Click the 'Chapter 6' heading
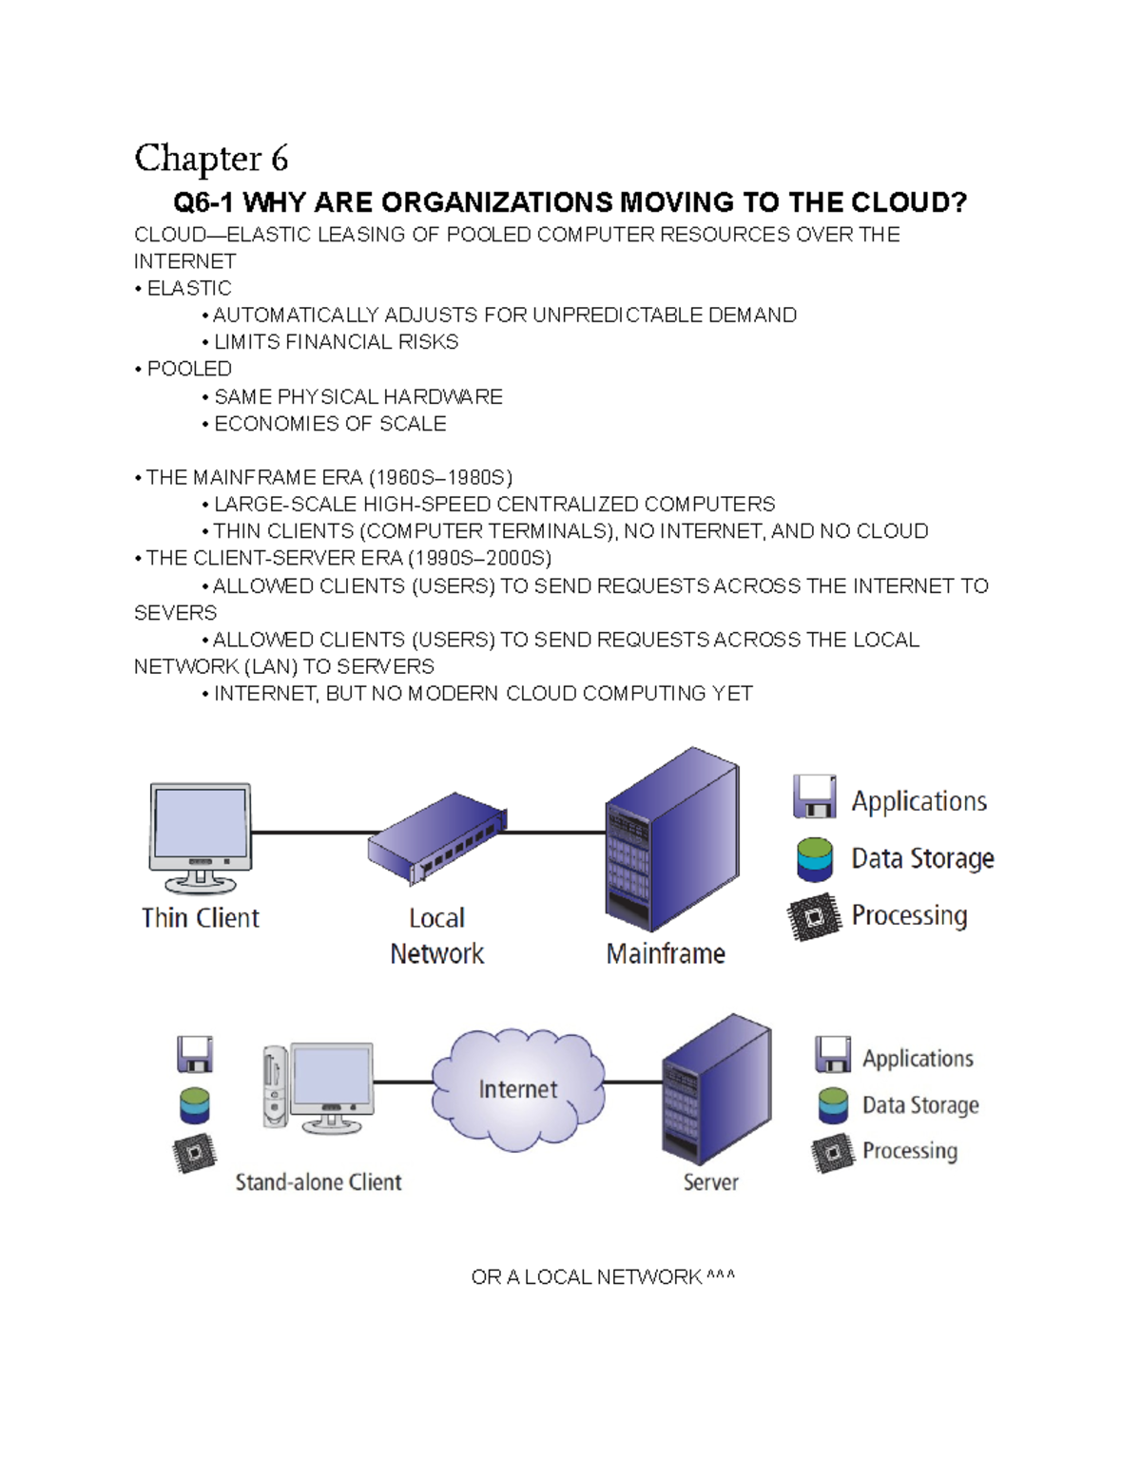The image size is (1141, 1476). (211, 159)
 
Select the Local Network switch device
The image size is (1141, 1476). (437, 836)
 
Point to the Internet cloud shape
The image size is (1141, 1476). (517, 1089)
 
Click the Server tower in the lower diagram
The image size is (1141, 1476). (715, 1088)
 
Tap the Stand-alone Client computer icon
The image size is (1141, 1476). (319, 1087)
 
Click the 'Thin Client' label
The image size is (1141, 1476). (200, 918)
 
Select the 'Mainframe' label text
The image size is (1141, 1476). (666, 953)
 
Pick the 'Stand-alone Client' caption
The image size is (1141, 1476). (319, 1182)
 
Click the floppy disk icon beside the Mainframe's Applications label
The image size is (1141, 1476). (815, 796)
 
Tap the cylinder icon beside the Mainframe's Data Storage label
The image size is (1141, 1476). (815, 858)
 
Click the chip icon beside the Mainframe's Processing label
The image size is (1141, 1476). (815, 917)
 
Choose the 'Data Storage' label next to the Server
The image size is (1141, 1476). (920, 1105)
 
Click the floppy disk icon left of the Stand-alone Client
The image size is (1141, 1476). (195, 1054)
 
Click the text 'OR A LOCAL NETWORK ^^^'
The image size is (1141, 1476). (603, 1277)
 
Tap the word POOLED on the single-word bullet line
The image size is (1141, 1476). (189, 369)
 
